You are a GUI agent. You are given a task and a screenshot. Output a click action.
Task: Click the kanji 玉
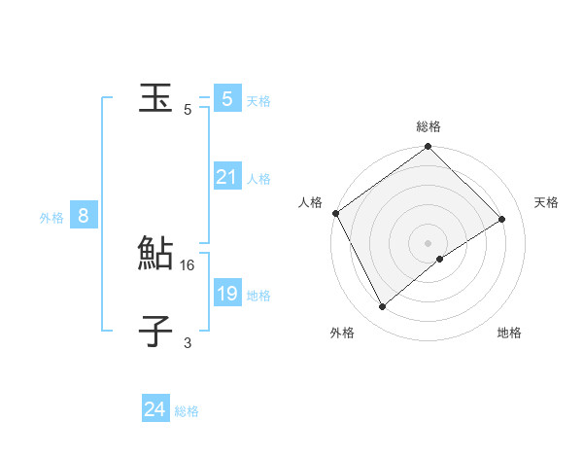click(x=155, y=98)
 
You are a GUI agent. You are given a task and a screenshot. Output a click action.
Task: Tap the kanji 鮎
click(x=155, y=254)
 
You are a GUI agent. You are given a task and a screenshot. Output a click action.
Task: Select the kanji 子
click(x=155, y=332)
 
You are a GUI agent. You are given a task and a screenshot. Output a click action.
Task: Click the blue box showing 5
click(x=226, y=99)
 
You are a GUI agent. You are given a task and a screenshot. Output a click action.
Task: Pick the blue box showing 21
click(x=226, y=177)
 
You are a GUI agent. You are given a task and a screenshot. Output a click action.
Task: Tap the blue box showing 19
click(x=226, y=294)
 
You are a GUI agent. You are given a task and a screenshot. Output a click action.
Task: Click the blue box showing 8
click(x=84, y=216)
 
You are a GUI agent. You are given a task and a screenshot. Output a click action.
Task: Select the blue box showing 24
click(x=154, y=409)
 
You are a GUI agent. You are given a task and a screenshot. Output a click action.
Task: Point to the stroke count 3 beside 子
click(x=188, y=342)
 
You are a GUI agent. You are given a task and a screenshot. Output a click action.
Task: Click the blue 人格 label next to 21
click(x=258, y=179)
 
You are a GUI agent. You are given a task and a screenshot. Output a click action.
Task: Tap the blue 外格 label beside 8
click(x=51, y=218)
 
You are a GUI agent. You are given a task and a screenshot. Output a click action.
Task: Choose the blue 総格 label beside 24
click(x=187, y=411)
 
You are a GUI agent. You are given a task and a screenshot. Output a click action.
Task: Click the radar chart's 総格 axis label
click(x=429, y=126)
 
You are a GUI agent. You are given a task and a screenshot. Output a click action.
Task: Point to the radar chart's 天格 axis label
click(x=546, y=202)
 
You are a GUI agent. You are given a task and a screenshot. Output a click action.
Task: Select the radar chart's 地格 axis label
click(x=509, y=333)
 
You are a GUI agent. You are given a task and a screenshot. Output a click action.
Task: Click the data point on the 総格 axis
click(x=429, y=148)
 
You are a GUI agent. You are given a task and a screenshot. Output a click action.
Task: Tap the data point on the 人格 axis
click(x=336, y=213)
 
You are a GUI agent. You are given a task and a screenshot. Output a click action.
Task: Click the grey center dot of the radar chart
click(x=429, y=242)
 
